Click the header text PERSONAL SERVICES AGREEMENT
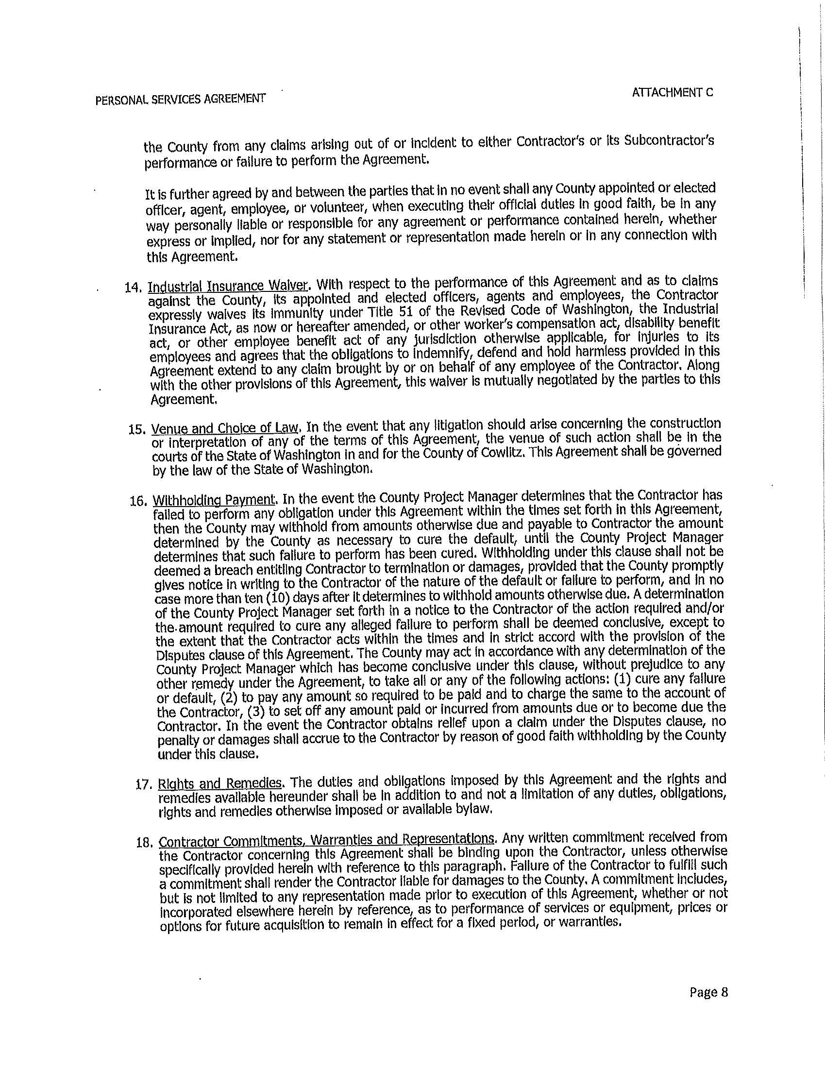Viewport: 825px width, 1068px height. pyautogui.click(x=181, y=99)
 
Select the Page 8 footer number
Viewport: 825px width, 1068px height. pyautogui.click(x=708, y=992)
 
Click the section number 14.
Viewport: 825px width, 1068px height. pyautogui.click(x=133, y=288)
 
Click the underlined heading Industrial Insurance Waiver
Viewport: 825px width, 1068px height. pyautogui.click(x=228, y=286)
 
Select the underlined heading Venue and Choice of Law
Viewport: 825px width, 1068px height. pyautogui.click(x=224, y=428)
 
